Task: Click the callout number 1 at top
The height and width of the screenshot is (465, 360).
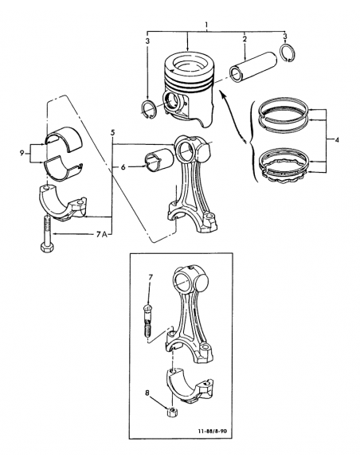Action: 207,25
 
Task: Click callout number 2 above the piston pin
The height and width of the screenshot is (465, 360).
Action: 245,39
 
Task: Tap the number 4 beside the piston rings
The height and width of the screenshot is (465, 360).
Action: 337,139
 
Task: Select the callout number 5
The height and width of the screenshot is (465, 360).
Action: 112,132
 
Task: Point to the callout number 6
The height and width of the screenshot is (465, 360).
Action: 123,167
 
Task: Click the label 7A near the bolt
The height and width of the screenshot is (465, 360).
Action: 102,235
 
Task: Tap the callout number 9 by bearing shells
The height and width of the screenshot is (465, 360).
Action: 22,153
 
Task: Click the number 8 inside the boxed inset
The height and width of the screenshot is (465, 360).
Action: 147,393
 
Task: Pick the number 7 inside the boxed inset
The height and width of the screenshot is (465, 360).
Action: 151,278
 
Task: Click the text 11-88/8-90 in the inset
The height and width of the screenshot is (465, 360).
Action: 213,431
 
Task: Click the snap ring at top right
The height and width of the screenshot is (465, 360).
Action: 288,53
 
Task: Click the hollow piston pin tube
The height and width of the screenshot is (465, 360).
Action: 253,68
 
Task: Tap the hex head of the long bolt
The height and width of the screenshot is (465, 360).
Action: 47,247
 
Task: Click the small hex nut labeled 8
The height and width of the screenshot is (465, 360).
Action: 170,412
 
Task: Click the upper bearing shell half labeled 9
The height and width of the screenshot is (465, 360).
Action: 64,139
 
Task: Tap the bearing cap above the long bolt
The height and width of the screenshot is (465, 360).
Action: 62,203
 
